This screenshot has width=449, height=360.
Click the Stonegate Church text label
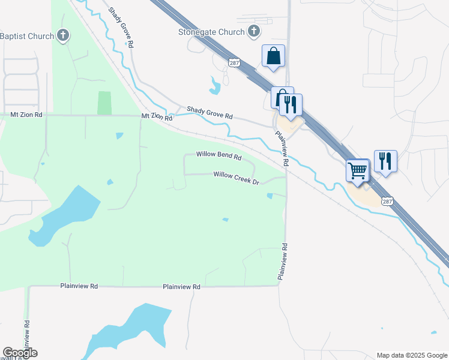pyautogui.click(x=211, y=32)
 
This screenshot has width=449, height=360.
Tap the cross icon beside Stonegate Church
pyautogui.click(x=254, y=32)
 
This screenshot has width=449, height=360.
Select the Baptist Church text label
pyautogui.click(x=27, y=36)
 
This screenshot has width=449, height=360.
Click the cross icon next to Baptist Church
pyautogui.click(x=63, y=35)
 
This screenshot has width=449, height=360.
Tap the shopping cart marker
pyautogui.click(x=358, y=170)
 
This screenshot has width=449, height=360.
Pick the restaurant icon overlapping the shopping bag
pyautogui.click(x=291, y=104)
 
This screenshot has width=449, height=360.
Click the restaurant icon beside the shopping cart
pyautogui.click(x=385, y=161)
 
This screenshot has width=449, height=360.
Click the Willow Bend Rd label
pyautogui.click(x=218, y=155)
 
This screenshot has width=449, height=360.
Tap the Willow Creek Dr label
pyautogui.click(x=236, y=178)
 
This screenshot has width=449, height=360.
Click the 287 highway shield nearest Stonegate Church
pyautogui.click(x=235, y=62)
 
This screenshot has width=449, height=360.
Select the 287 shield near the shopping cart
pyautogui.click(x=387, y=202)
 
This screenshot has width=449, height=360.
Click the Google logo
pyautogui.click(x=20, y=353)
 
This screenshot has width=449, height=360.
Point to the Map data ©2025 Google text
pyautogui.click(x=411, y=355)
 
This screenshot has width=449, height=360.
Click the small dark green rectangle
pyautogui.click(x=104, y=103)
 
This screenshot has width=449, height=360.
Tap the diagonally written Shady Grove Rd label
pyautogui.click(x=121, y=28)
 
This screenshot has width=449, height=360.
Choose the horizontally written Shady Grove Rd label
pyautogui.click(x=209, y=113)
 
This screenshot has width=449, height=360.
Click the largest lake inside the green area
pyautogui.click(x=65, y=215)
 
